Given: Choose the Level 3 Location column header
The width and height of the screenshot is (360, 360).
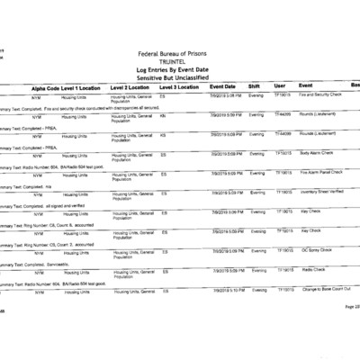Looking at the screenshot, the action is tap(179, 85).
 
